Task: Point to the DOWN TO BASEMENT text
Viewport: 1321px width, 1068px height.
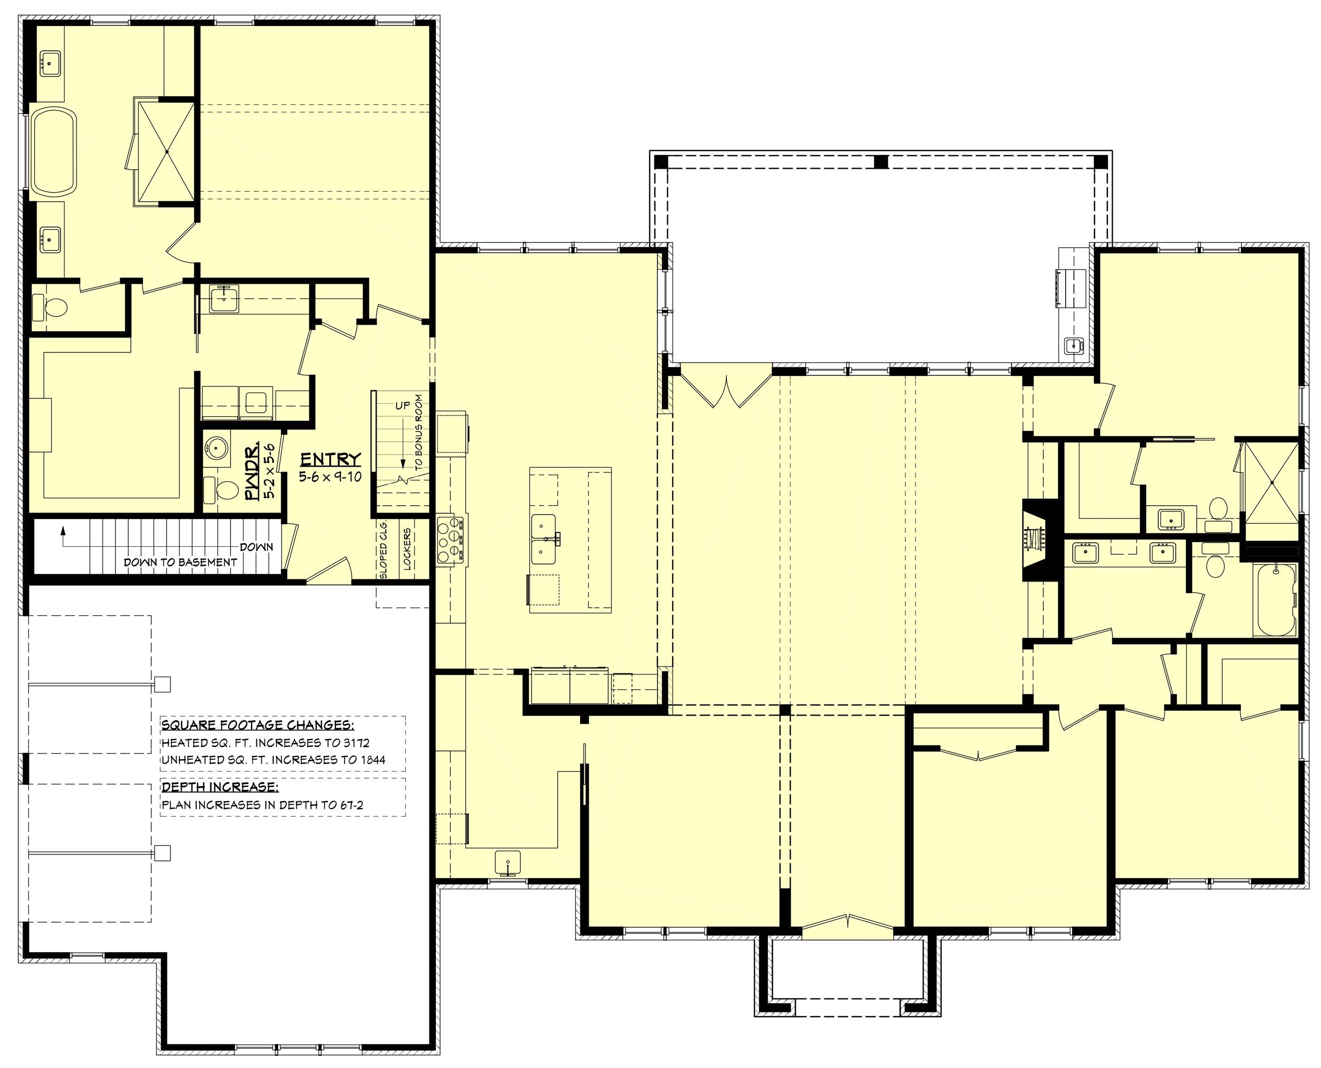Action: tap(179, 562)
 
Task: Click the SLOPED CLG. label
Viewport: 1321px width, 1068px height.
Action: tap(384, 549)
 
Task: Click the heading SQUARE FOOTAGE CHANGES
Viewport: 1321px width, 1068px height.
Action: tap(257, 725)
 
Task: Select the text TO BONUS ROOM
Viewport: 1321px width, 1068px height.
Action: tap(419, 433)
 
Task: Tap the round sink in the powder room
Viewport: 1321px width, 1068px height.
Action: tap(216, 448)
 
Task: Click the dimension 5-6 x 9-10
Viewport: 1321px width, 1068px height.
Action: tap(331, 476)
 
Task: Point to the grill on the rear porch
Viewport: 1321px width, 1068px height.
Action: tap(1065, 287)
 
